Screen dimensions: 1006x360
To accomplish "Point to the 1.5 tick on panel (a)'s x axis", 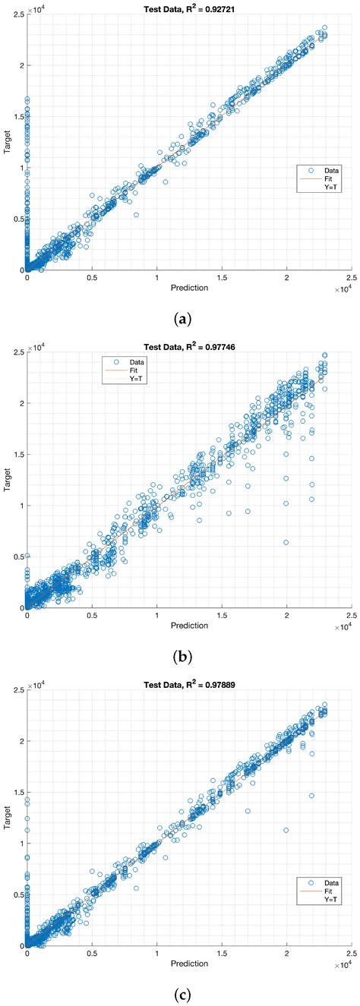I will click(222, 279).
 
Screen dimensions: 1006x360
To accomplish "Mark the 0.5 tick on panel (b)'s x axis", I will click(92, 617).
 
